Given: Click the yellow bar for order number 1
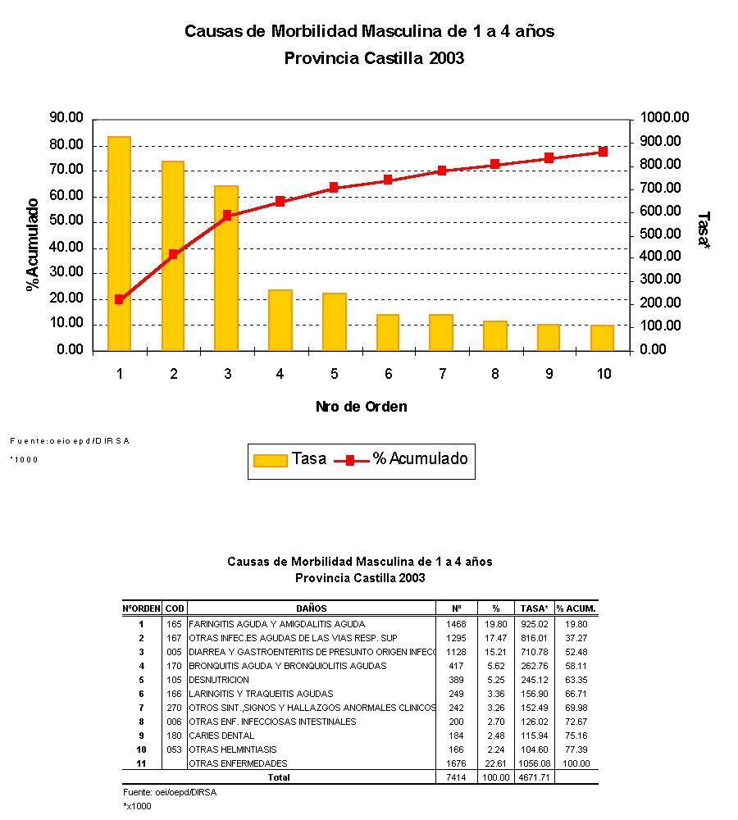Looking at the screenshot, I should click(x=119, y=244).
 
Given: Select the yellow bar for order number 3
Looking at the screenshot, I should click(x=226, y=268).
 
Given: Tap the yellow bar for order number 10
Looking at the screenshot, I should click(x=602, y=338).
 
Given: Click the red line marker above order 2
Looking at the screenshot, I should click(x=173, y=254).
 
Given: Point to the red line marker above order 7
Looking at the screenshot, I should click(x=441, y=171).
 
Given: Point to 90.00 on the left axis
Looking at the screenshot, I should click(x=66, y=118).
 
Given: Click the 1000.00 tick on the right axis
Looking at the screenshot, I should click(x=665, y=118).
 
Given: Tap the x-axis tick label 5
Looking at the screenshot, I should click(x=334, y=374).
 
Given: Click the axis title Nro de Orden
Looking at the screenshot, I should click(x=361, y=407).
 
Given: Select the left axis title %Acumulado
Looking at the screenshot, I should click(x=33, y=244).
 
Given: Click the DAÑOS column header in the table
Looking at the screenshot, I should click(x=312, y=608).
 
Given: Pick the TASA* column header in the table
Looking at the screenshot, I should click(x=535, y=608).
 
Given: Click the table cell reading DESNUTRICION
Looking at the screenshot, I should click(x=219, y=680).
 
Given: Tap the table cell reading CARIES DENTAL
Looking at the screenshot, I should click(x=221, y=736).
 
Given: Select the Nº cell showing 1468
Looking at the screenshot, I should click(x=457, y=624).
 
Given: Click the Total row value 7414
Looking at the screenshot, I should click(x=457, y=777).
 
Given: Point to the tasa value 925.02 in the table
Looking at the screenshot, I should click(x=535, y=624).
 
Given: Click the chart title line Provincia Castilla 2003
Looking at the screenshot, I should click(x=374, y=58).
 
